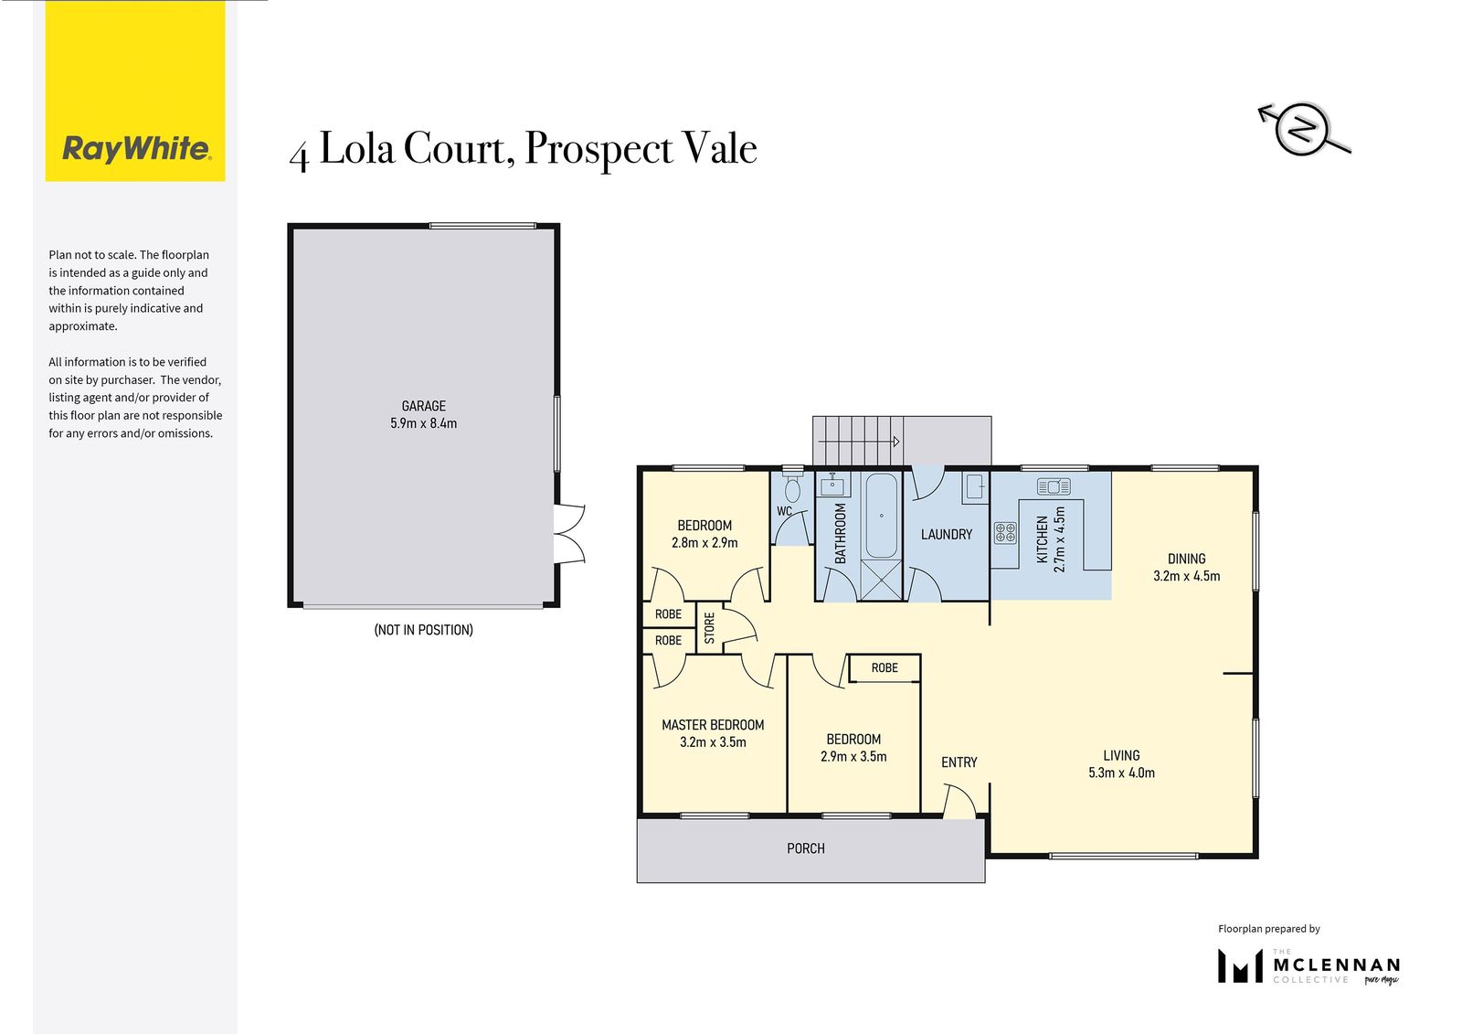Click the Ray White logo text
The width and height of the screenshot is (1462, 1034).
136,149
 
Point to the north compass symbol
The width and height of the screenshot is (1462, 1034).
1303,129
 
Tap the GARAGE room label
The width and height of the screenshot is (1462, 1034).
424,406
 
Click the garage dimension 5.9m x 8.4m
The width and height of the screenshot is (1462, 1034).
424,423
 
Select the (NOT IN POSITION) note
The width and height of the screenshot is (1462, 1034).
424,630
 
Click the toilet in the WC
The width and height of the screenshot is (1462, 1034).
792,487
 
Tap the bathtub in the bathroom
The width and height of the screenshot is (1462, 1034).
881,516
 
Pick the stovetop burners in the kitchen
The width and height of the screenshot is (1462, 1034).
1005,532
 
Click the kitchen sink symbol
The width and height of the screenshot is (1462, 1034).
1054,486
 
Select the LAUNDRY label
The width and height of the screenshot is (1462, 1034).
947,534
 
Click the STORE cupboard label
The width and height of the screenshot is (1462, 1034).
709,627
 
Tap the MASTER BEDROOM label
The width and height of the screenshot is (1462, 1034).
713,724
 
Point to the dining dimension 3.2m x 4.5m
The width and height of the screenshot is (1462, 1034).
1187,576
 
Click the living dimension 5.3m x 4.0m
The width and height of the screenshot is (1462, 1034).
1121,773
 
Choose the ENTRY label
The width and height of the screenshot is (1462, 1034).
959,762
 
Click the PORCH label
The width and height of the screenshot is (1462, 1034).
805,848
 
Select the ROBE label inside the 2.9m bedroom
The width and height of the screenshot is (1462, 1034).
885,667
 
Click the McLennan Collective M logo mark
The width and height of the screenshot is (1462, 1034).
1240,965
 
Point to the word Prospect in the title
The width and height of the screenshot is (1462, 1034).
599,150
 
